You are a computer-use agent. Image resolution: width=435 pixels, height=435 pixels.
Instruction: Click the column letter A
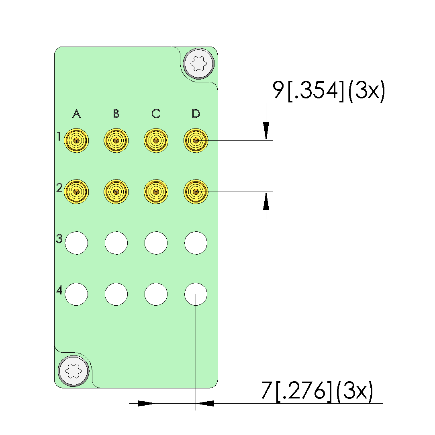[77, 114]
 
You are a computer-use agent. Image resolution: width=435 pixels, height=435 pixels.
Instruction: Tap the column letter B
[116, 114]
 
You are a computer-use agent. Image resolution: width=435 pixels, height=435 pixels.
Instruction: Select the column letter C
[156, 114]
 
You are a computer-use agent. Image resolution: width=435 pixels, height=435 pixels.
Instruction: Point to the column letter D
[196, 114]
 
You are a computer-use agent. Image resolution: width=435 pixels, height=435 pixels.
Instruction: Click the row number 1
[59, 136]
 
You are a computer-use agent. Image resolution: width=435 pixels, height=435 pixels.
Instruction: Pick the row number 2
[59, 188]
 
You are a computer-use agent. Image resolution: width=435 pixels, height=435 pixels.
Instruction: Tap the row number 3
[59, 239]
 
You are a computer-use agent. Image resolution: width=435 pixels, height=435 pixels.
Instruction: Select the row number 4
[59, 290]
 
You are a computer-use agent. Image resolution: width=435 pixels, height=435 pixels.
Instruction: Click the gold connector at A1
[76, 140]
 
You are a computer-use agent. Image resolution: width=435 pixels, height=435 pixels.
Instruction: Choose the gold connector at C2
[156, 192]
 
